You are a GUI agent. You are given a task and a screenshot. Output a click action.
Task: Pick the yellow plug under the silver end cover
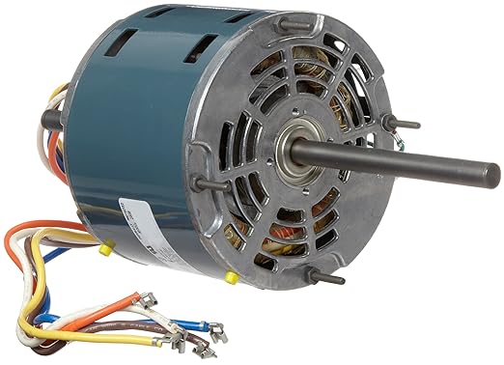pyautogui.click(x=232, y=278)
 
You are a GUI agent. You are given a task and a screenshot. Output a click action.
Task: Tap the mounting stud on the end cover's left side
pyautogui.click(x=210, y=182)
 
